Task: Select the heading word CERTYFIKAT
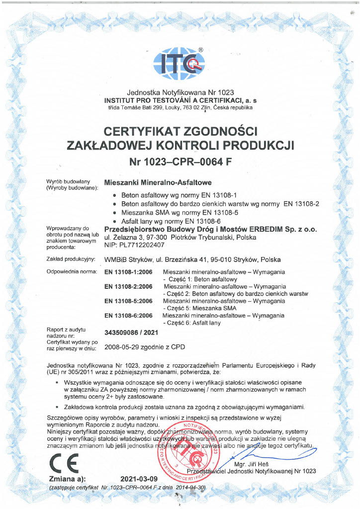click(x=141, y=132)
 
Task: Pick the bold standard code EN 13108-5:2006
click(x=128, y=301)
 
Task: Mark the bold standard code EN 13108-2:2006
click(x=128, y=287)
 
